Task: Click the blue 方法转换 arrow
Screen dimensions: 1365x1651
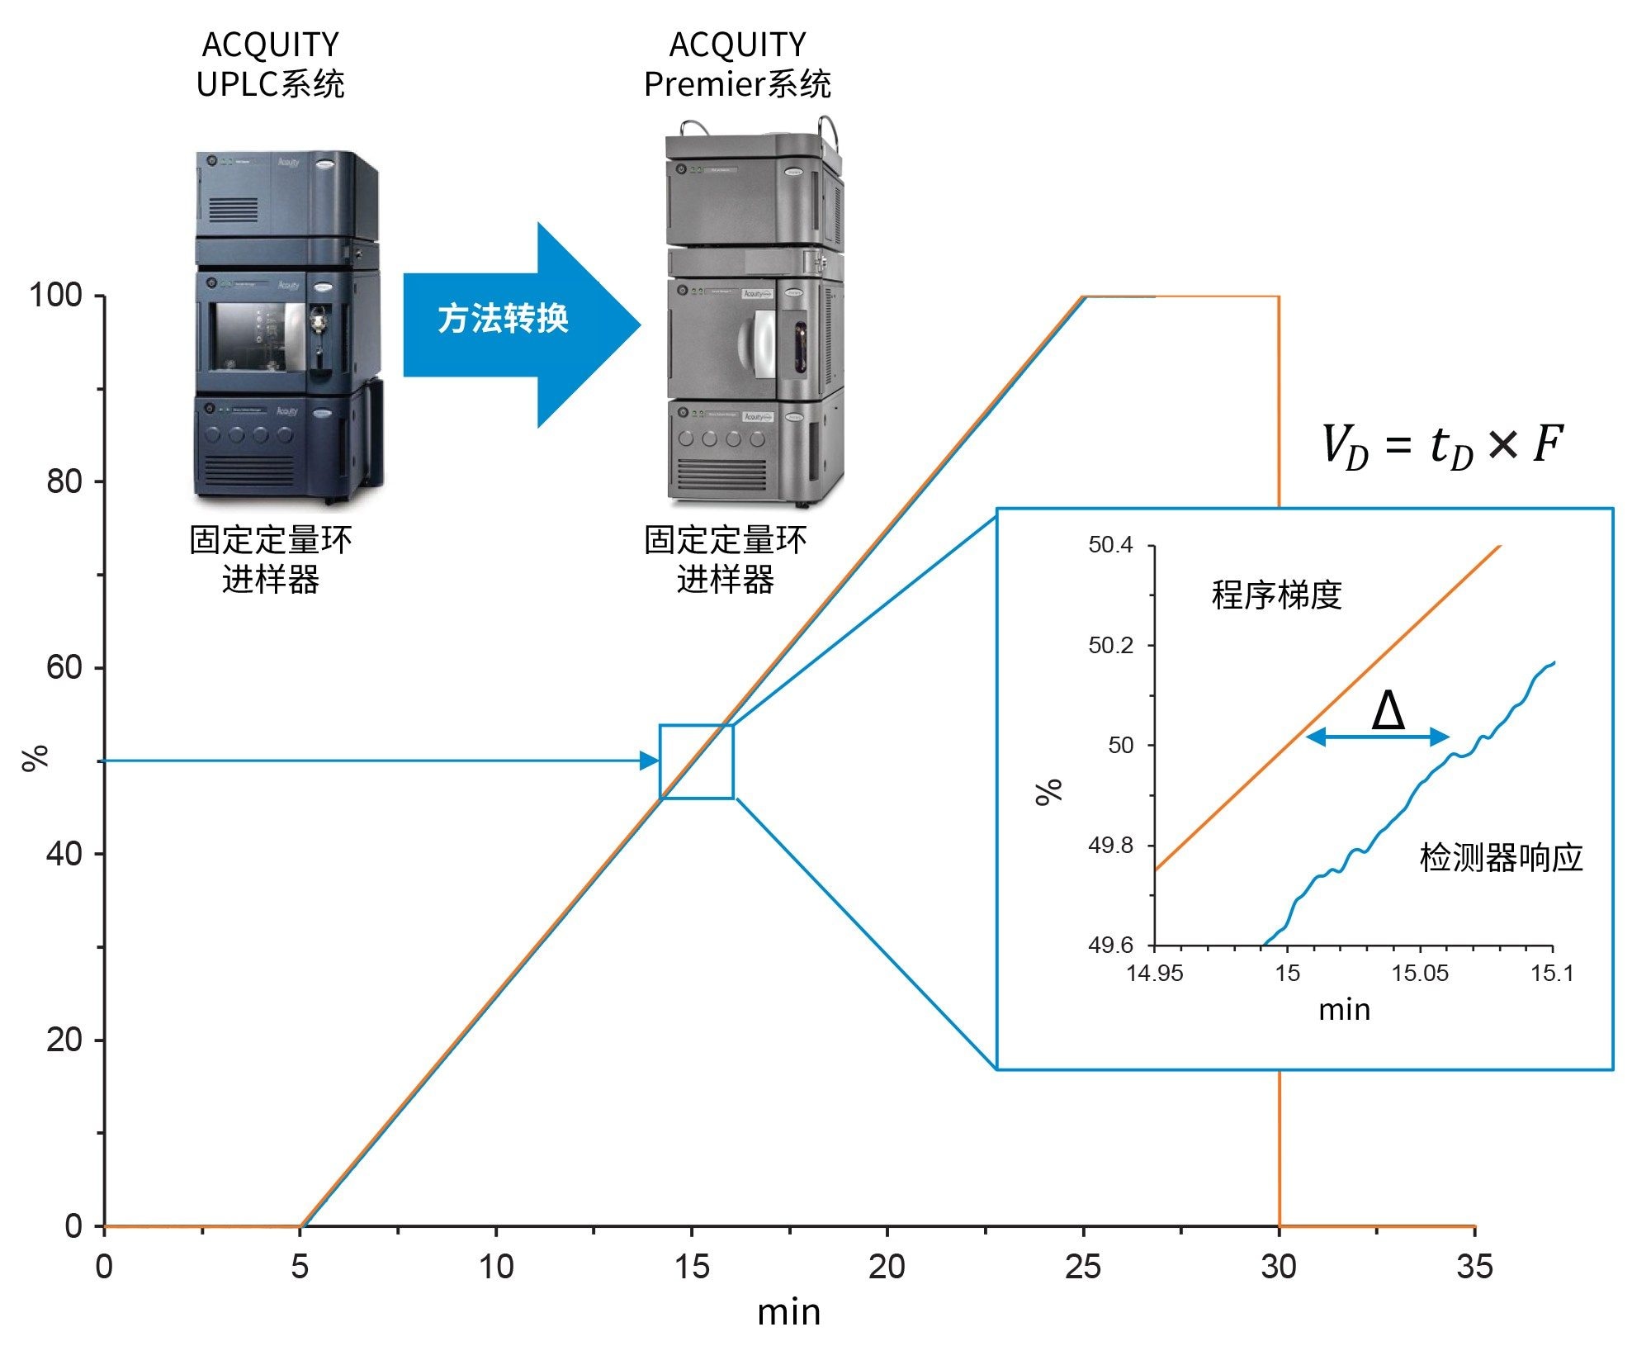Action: [512, 322]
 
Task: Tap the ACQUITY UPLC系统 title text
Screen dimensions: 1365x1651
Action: [270, 64]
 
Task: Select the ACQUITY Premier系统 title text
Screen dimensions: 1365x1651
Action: [737, 64]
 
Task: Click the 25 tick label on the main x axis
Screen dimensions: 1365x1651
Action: [1082, 1266]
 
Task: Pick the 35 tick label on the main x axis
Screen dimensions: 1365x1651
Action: [1474, 1266]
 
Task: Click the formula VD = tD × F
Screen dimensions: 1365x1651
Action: [1441, 446]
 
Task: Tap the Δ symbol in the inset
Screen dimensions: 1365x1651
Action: [1388, 710]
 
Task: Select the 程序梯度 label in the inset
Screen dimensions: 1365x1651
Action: [1276, 595]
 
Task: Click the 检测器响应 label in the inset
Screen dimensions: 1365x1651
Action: [1501, 858]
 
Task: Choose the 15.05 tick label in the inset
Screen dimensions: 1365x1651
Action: [1420, 973]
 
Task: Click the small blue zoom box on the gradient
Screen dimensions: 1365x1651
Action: [696, 761]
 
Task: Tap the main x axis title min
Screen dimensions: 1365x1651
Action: [788, 1312]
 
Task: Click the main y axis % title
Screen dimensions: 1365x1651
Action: [35, 757]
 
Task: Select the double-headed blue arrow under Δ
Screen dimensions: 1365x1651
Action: [1378, 737]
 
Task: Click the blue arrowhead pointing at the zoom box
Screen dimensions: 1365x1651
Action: [650, 761]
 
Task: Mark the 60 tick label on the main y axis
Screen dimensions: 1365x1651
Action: [64, 667]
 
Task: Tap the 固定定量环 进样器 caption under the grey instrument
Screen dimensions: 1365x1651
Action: [725, 560]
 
